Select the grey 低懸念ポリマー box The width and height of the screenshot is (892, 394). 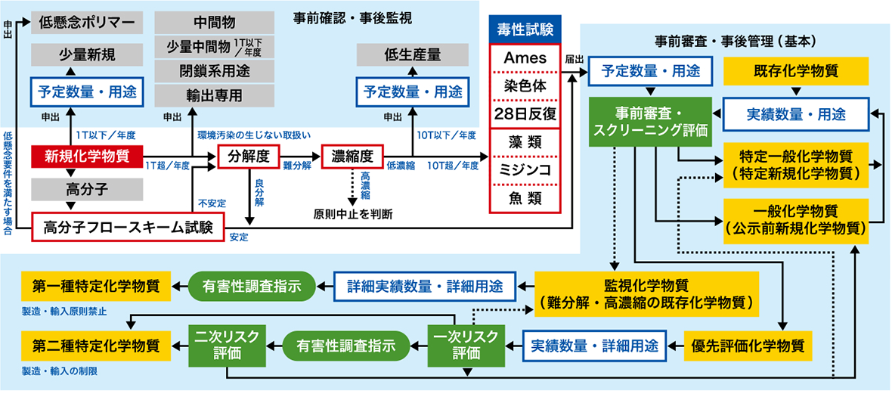(x=87, y=23)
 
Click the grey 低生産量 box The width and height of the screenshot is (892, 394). (x=413, y=54)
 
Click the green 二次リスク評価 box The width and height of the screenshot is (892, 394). (x=225, y=345)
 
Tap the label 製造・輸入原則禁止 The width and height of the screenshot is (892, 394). (x=65, y=311)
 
